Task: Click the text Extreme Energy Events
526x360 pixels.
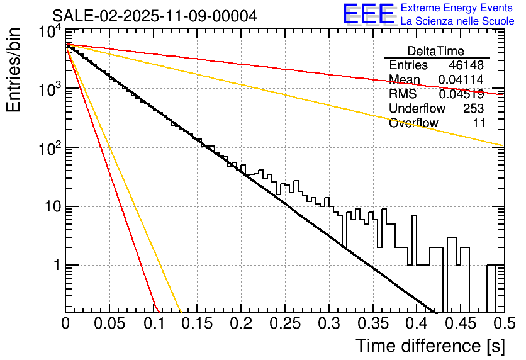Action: pos(457,8)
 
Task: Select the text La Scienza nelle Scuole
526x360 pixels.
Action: pos(457,21)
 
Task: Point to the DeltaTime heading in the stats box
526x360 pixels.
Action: pos(435,51)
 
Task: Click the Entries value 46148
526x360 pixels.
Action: pos(466,65)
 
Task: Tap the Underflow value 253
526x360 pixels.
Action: pos(473,109)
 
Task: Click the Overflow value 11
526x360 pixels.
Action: pos(479,123)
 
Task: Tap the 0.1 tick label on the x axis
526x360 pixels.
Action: pos(154,325)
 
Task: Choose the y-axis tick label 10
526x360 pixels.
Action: pos(48,207)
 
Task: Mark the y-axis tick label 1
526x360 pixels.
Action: pos(53,266)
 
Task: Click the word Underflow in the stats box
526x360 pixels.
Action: pos(417,109)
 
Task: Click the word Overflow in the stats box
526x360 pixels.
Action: pos(413,123)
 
